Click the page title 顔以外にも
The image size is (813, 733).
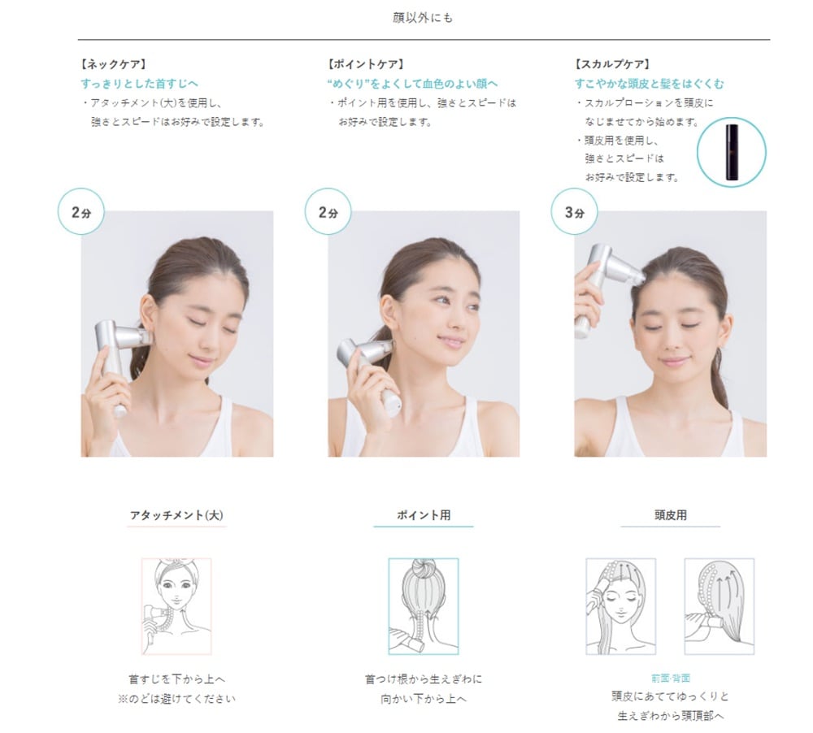tap(423, 18)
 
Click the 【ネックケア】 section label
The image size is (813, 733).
tap(113, 64)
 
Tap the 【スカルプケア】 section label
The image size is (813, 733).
tap(612, 64)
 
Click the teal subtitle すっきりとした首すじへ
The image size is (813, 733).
tap(139, 84)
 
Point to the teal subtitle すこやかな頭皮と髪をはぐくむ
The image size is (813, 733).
tap(649, 84)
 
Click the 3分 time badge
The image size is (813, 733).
tap(574, 211)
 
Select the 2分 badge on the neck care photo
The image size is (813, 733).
tap(80, 211)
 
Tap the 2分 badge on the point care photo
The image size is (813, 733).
tap(328, 211)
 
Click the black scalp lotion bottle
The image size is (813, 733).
tap(731, 151)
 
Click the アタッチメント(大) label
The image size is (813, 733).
tap(176, 515)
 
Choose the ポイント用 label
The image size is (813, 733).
tap(424, 515)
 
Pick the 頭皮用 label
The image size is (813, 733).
tap(671, 515)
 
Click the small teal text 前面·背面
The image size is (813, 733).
tap(671, 678)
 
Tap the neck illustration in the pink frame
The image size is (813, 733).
tap(176, 606)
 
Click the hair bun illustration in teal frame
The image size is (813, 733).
tap(424, 606)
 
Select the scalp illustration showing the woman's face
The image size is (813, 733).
tap(620, 606)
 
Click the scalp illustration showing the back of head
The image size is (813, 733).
tap(720, 606)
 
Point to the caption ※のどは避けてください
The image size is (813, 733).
tap(176, 699)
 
